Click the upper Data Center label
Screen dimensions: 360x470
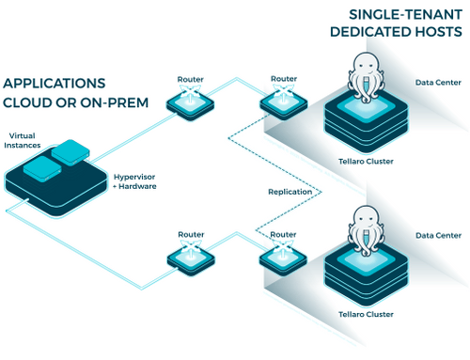click(438, 83)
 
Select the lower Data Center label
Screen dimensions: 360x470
click(438, 236)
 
